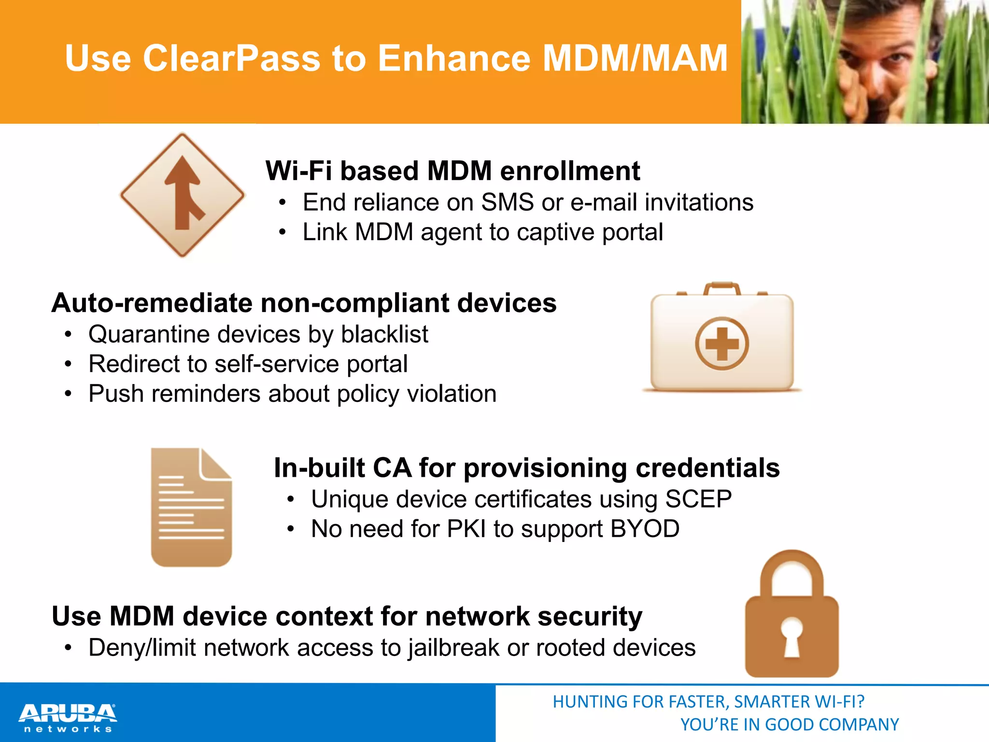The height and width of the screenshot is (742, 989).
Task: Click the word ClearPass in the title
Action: tap(231, 58)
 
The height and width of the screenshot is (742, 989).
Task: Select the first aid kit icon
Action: tap(721, 338)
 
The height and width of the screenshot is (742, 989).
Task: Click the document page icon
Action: tap(191, 507)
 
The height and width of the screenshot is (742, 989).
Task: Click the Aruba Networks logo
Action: tap(68, 718)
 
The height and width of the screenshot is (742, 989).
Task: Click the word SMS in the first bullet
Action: tap(507, 202)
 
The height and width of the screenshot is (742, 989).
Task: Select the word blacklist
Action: tap(384, 334)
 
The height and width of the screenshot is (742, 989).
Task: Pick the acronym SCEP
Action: tap(698, 499)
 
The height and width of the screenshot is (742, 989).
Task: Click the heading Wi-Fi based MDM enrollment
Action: tap(452, 171)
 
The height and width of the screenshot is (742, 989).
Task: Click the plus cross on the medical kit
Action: tap(722, 343)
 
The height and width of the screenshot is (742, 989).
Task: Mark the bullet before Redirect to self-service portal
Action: tap(69, 364)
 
